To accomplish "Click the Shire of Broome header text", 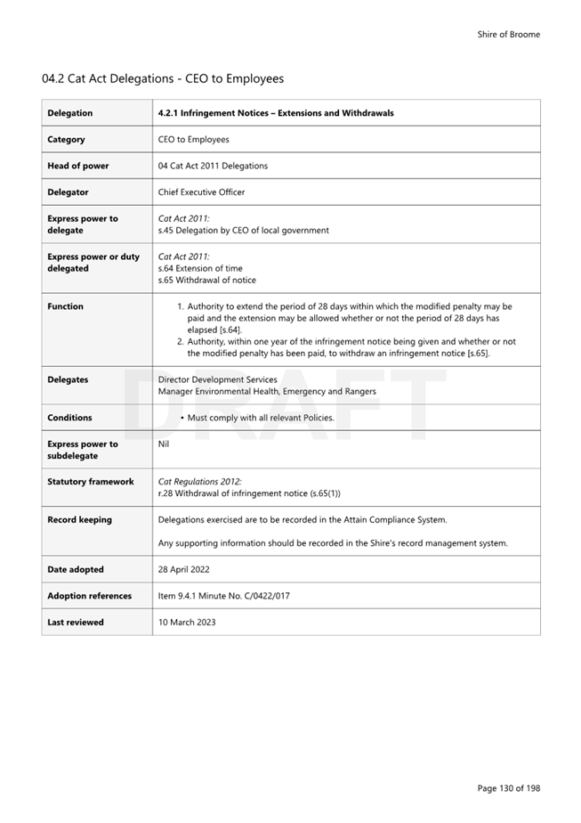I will tap(508, 35).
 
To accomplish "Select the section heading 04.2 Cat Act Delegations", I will tap(163, 78).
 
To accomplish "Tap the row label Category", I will tap(67, 139).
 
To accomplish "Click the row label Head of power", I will tap(78, 166).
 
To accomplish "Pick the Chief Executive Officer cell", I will tap(201, 191).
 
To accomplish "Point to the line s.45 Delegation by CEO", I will tap(243, 230).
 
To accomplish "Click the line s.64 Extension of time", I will tap(199, 268).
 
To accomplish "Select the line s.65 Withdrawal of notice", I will tap(206, 280).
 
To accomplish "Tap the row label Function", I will tap(66, 306).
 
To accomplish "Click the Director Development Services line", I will tap(217, 379).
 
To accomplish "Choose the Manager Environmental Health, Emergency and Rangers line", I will tap(267, 391).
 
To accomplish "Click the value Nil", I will tap(164, 444).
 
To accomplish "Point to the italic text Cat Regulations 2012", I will tap(193, 482).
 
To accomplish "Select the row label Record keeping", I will tap(79, 520).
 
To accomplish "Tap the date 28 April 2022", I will tap(184, 569).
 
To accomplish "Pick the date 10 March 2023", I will tap(187, 622).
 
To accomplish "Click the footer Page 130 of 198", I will tap(508, 787).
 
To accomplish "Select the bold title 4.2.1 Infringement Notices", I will tap(276, 113).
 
